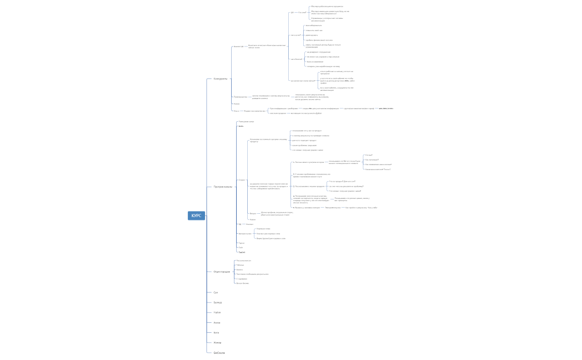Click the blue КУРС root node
pyautogui.click(x=196, y=215)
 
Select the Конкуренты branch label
pyautogui.click(x=221, y=79)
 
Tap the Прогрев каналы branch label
pyautogui.click(x=223, y=187)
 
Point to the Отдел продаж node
pyautogui.click(x=222, y=271)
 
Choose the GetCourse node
pyautogui.click(x=219, y=352)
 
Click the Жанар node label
pyautogui.click(x=217, y=342)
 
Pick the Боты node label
pyautogui.click(x=216, y=332)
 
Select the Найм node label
pyautogui.click(x=217, y=312)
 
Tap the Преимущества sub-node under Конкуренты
pyautogui.click(x=240, y=96)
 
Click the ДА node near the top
pyautogui.click(x=292, y=12)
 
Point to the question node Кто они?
pyautogui.click(x=302, y=12)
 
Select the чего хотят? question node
pyautogui.click(x=295, y=35)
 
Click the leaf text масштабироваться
pyautogui.click(x=313, y=25)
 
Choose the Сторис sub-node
pyautogui.click(x=241, y=180)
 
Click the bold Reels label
pyautogui.click(x=241, y=126)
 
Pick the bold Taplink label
pyautogui.click(x=242, y=252)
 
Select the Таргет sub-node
pyautogui.click(x=241, y=243)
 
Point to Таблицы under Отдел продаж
pyautogui.click(x=240, y=265)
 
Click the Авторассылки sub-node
pyautogui.click(x=245, y=234)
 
